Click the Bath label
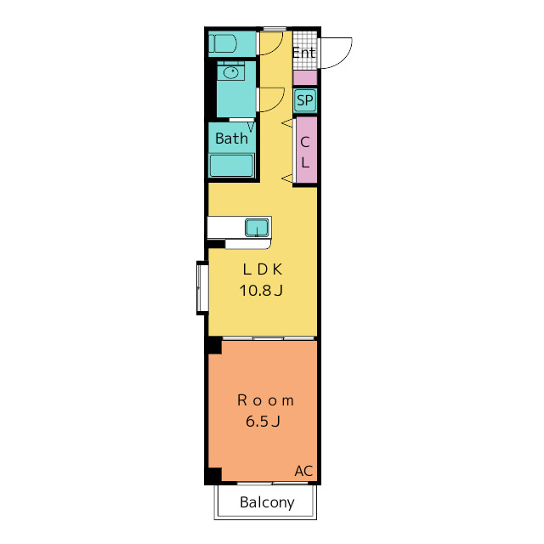231,139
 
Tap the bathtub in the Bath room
232,166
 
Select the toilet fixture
223,43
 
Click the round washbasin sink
230,72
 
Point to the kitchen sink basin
257,228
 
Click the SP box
305,100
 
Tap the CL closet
307,150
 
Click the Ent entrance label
304,53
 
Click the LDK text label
263,269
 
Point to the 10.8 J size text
261,291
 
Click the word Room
265,400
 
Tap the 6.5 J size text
263,422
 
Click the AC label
303,471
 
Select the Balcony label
267,502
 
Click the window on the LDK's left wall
202,287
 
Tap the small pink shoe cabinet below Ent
305,78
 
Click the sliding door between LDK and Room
269,338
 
